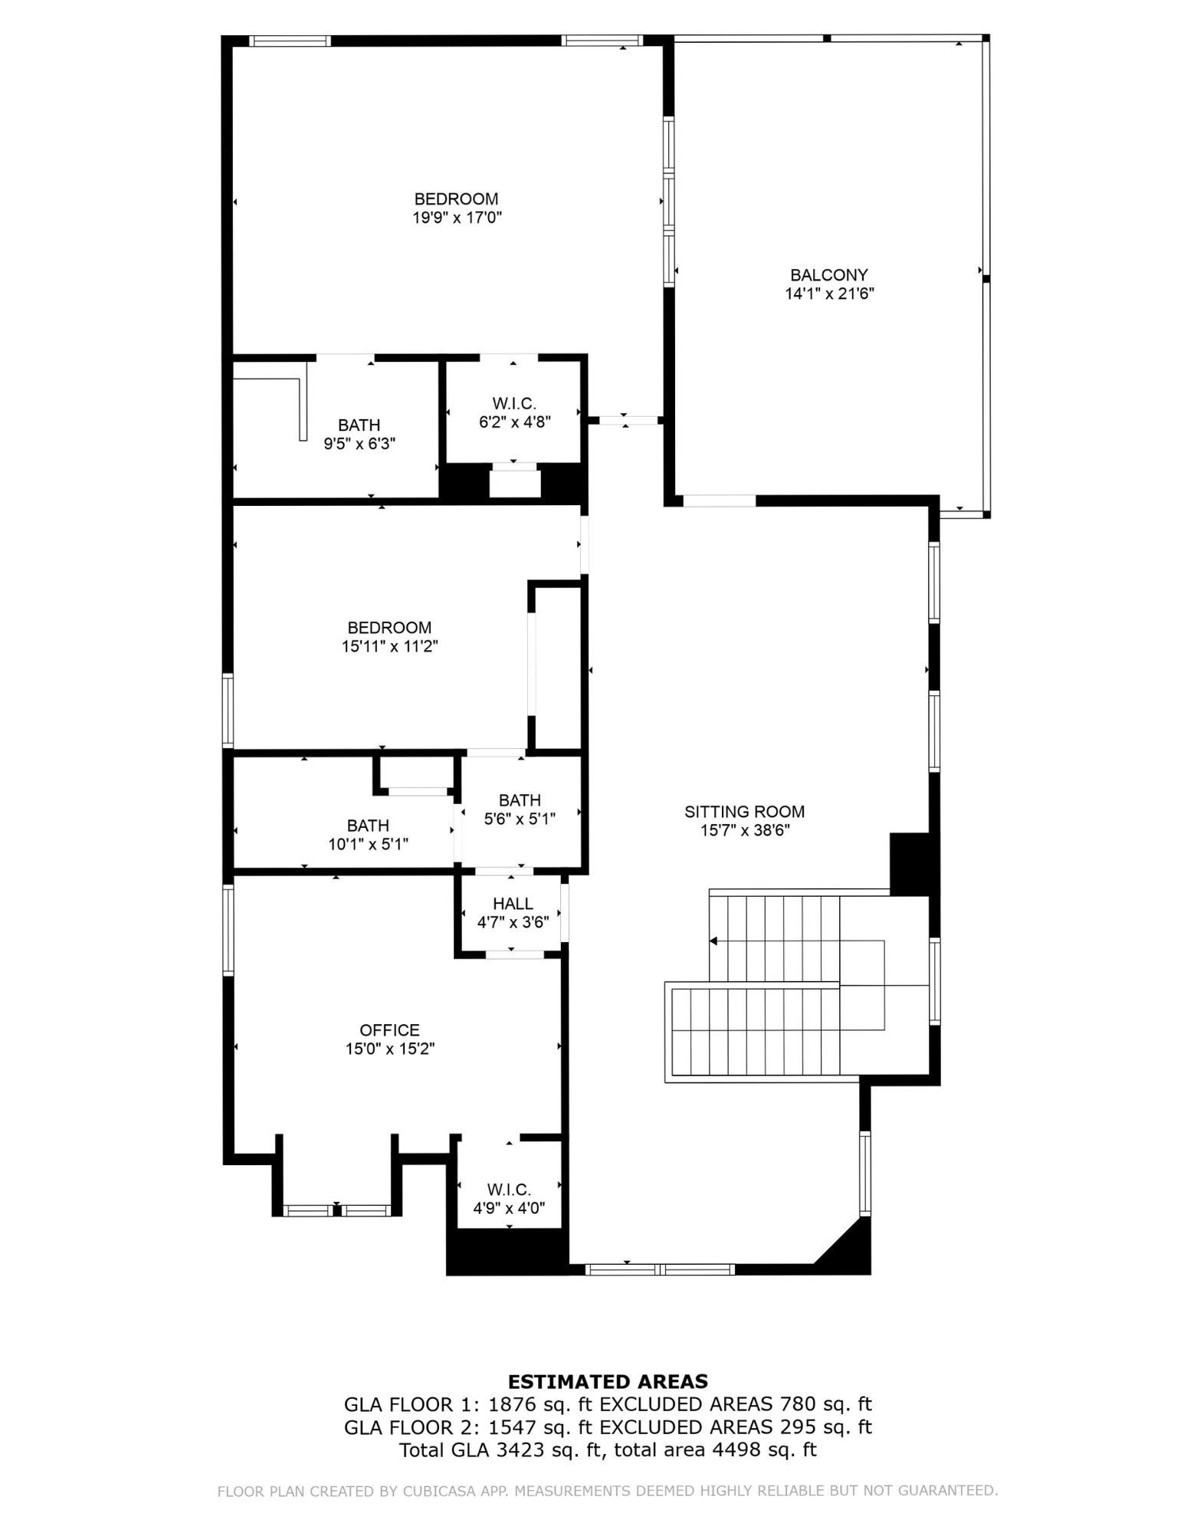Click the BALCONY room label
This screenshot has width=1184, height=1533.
(829, 274)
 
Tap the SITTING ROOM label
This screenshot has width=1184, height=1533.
(744, 811)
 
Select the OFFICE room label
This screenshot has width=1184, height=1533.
(389, 1030)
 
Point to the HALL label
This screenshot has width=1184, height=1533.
(513, 904)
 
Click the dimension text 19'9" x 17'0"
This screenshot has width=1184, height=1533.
(457, 218)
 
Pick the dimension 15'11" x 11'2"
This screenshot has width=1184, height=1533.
(389, 646)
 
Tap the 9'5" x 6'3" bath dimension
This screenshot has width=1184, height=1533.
(359, 443)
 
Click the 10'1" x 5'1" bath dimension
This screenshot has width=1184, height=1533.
(368, 844)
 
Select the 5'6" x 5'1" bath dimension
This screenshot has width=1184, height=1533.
(520, 819)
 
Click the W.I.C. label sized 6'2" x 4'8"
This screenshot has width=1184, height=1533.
(514, 403)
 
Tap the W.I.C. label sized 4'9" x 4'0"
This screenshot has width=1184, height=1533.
(509, 1190)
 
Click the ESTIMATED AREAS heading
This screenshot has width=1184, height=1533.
(608, 1381)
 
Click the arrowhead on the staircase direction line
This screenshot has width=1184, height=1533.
(713, 941)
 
